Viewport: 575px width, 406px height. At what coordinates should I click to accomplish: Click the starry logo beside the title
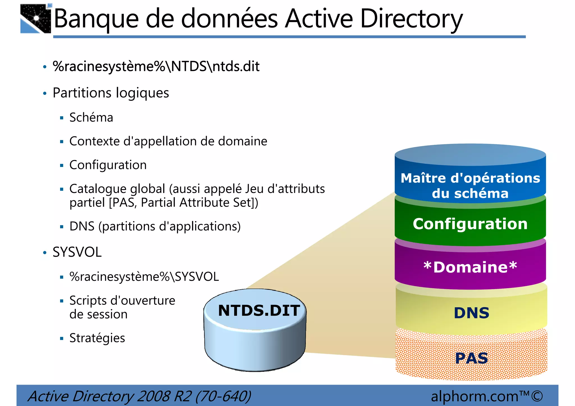point(36,19)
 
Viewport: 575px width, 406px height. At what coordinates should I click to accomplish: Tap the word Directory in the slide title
point(411,19)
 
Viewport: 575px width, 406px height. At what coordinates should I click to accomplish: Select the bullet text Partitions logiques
point(111,93)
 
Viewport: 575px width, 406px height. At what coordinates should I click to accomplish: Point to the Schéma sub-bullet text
point(91,117)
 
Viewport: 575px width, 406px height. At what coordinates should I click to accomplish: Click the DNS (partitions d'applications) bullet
point(155,226)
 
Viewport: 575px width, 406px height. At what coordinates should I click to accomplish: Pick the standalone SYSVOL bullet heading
point(77,252)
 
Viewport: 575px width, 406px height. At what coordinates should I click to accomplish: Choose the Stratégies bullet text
point(97,338)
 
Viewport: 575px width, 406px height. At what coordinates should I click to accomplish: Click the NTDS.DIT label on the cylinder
point(259,311)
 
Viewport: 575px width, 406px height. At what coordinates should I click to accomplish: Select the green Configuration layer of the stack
point(470,224)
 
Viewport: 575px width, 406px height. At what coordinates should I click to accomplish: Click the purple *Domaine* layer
point(470,267)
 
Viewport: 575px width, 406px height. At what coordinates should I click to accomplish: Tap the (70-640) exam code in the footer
point(223,396)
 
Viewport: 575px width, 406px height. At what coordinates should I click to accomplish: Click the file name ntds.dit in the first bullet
point(236,66)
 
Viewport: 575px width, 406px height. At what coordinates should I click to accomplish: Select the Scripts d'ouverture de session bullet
point(122,307)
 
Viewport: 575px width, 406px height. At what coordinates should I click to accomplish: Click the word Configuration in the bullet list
point(108,165)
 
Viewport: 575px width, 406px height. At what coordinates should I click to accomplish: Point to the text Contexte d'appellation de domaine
point(168,141)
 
